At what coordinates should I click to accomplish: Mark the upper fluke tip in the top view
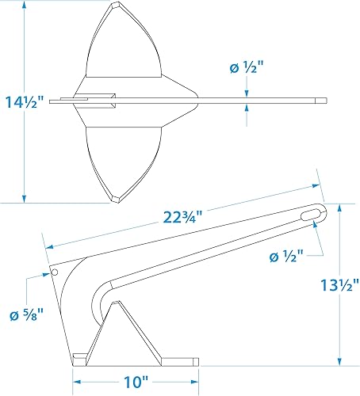pos(114,10)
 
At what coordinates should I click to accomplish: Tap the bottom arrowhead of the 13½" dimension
pos(340,360)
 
